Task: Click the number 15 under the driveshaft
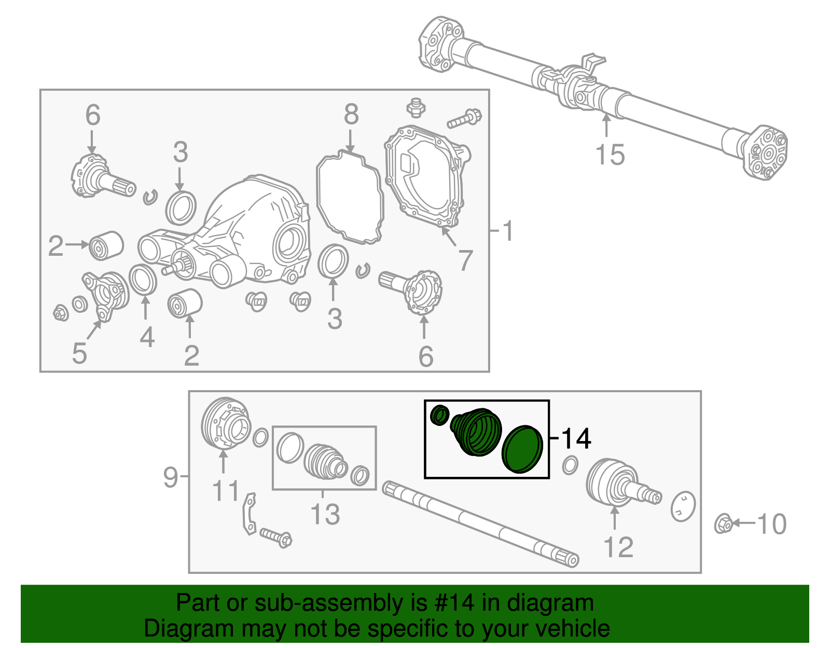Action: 610,155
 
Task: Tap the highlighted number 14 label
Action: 576,438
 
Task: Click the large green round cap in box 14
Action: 522,449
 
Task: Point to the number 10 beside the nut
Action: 772,524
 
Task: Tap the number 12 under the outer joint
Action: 618,547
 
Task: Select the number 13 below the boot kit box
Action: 325,514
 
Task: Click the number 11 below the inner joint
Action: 226,490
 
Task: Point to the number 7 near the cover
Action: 465,260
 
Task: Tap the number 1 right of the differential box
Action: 508,231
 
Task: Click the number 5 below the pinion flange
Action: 79,353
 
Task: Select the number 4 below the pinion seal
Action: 147,337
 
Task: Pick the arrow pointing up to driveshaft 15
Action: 606,126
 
